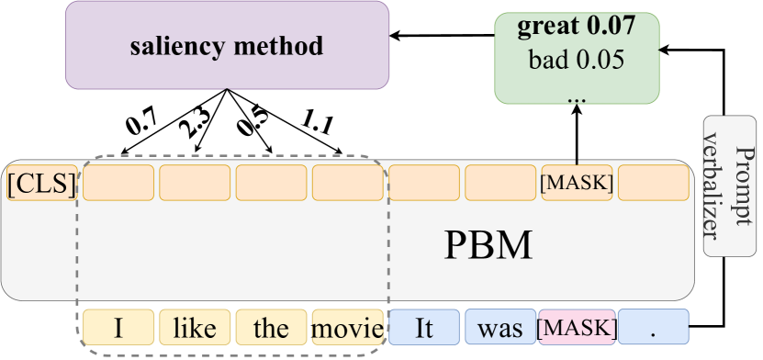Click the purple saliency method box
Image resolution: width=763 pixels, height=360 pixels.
(227, 45)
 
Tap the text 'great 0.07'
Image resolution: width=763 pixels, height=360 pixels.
(576, 27)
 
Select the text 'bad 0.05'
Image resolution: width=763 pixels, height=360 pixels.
(576, 61)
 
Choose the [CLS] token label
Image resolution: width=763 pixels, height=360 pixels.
(40, 184)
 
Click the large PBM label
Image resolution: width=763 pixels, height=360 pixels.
(488, 246)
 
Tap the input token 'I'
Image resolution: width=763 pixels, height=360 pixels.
(118, 328)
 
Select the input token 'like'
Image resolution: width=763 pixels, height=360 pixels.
(195, 328)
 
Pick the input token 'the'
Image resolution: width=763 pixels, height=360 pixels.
(271, 328)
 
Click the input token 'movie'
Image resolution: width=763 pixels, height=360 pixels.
(347, 328)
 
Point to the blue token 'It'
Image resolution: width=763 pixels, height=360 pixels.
(423, 328)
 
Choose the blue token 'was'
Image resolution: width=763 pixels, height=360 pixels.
(499, 328)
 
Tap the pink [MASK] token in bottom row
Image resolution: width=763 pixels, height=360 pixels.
(576, 328)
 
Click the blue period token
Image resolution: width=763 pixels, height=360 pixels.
(653, 328)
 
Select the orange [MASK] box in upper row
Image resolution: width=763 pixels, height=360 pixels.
(576, 183)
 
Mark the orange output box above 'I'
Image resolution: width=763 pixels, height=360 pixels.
(118, 183)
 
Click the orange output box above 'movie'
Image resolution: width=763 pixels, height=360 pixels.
(347, 183)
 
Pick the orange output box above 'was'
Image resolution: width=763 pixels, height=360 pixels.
(499, 183)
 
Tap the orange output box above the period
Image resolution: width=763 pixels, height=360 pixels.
(653, 183)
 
